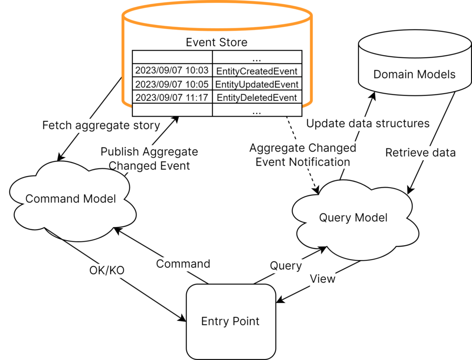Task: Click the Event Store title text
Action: (x=217, y=42)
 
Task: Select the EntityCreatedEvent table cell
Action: (x=257, y=71)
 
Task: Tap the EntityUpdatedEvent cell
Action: (x=257, y=84)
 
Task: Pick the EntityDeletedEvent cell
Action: (x=257, y=97)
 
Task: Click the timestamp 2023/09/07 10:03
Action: (x=172, y=70)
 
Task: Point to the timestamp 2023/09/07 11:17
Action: (x=172, y=97)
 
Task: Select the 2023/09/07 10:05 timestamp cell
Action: (x=172, y=84)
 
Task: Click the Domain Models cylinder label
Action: (x=414, y=74)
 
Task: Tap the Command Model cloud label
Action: (x=71, y=199)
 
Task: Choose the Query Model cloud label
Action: (x=353, y=218)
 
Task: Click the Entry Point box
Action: (x=231, y=321)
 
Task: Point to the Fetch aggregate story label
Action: (x=101, y=125)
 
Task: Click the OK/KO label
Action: (x=107, y=270)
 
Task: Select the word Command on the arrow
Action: (x=183, y=264)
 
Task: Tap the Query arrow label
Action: (x=286, y=266)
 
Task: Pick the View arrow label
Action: (x=323, y=279)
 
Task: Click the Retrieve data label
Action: (x=420, y=153)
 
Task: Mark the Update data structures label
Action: (x=368, y=124)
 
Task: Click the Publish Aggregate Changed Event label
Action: (x=149, y=159)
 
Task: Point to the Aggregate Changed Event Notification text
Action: (x=303, y=155)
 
